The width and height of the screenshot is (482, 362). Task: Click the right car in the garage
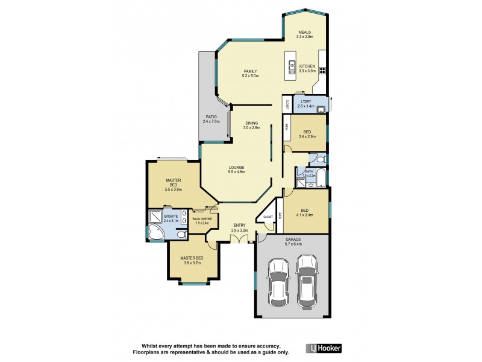307,279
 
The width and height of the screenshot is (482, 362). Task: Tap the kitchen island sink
292,66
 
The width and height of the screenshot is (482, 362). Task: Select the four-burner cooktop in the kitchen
322,69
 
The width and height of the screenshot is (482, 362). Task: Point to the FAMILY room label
250,71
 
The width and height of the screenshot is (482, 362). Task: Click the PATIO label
211,117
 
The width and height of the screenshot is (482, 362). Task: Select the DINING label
251,123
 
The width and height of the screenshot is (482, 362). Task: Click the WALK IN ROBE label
201,218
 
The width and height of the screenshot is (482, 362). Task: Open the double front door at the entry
243,241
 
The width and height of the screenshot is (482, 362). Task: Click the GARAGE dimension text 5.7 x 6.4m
293,244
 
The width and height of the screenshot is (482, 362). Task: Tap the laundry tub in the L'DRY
322,109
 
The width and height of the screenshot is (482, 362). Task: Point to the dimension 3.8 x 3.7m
192,263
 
